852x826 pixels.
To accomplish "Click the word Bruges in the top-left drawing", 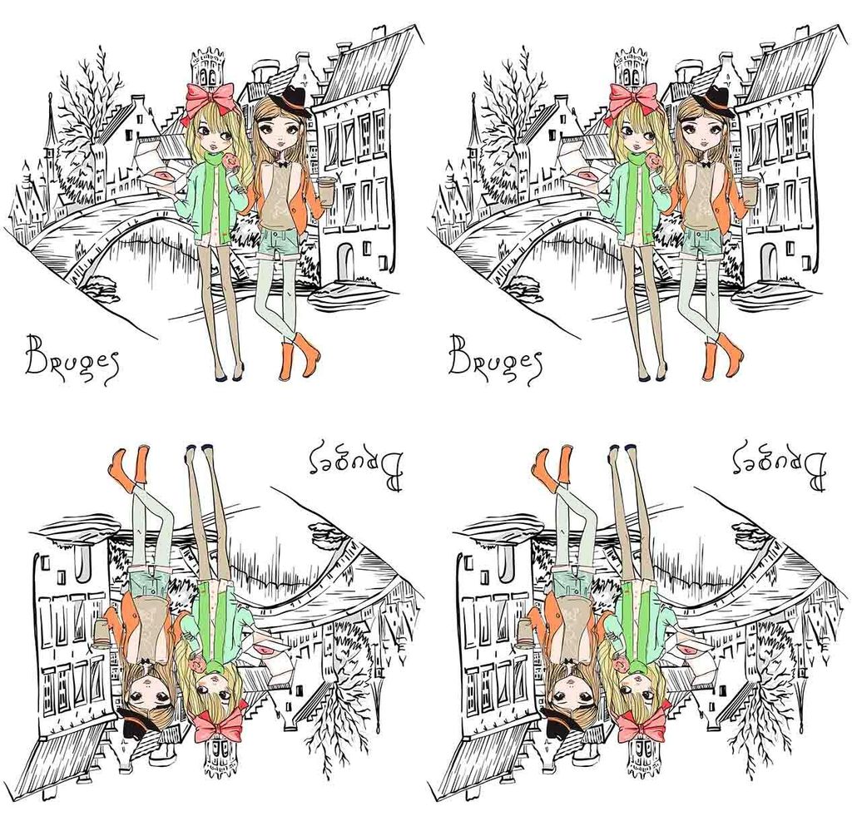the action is pos(71,359).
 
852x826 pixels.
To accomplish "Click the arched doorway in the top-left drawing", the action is pos(346,260).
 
